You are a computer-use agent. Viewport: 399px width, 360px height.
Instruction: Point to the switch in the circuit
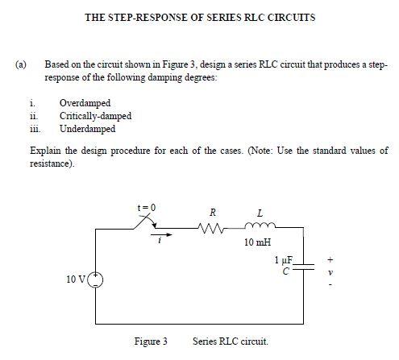click(x=147, y=222)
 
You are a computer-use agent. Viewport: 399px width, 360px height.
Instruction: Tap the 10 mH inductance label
click(x=260, y=242)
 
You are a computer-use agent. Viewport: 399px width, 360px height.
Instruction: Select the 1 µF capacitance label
click(x=285, y=261)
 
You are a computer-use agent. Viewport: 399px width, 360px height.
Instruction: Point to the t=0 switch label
click(x=146, y=207)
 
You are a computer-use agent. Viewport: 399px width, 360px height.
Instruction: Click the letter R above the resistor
click(x=213, y=212)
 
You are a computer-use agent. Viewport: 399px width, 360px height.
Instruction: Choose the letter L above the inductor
click(x=260, y=212)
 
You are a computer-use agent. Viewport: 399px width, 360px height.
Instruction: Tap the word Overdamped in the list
click(x=85, y=104)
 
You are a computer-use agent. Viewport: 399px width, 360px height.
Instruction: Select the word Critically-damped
click(x=95, y=116)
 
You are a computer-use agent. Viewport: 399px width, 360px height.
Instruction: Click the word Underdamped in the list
click(x=87, y=128)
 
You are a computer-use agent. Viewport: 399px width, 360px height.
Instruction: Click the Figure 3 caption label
click(x=150, y=341)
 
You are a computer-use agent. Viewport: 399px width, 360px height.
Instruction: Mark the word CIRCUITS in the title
click(x=292, y=17)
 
